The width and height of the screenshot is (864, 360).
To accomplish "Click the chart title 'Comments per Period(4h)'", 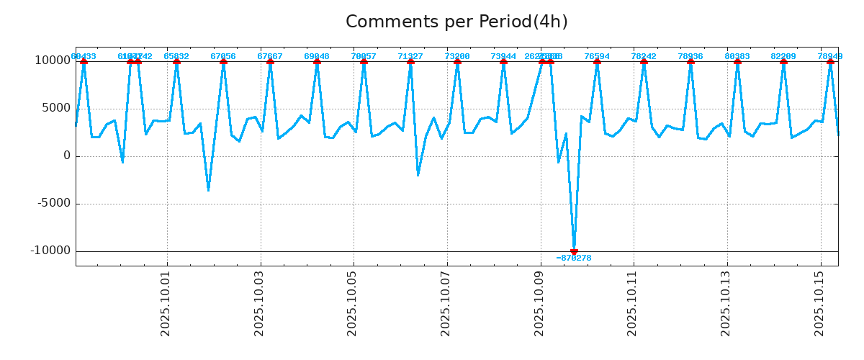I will pyautogui.click(x=456, y=22).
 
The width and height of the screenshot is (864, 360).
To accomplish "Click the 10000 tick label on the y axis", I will pyautogui.click(x=53, y=60).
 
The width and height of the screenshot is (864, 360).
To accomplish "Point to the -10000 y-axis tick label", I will pyautogui.click(x=50, y=251).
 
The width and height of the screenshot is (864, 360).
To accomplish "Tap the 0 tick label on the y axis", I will pyautogui.click(x=67, y=156).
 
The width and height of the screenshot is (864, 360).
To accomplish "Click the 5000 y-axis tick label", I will pyautogui.click(x=56, y=108).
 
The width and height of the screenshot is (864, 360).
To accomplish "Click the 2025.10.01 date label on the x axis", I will pyautogui.click(x=166, y=303).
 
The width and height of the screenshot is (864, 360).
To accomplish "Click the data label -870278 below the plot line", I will pyautogui.click(x=574, y=258).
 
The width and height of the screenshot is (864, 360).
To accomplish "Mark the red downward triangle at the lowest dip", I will pyautogui.click(x=574, y=252).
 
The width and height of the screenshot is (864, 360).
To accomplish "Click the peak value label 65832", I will pyautogui.click(x=176, y=56).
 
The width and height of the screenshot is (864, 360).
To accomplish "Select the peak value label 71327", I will pyautogui.click(x=410, y=56).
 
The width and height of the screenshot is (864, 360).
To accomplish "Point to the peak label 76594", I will pyautogui.click(x=597, y=56).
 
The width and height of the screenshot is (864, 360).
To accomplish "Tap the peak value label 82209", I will pyautogui.click(x=783, y=56).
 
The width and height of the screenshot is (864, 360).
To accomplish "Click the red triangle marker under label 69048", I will pyautogui.click(x=317, y=61).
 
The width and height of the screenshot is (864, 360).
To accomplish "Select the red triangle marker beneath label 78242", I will pyautogui.click(x=644, y=61).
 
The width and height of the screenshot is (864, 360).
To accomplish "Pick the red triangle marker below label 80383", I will pyautogui.click(x=737, y=61).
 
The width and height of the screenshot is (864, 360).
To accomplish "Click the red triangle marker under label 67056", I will pyautogui.click(x=223, y=61).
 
